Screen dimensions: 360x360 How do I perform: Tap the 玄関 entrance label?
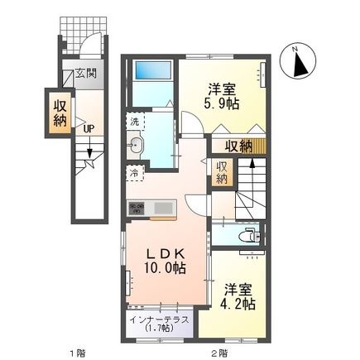pos(87,74)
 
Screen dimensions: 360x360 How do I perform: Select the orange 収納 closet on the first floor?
pos(61,113)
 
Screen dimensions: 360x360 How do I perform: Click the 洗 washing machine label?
pos(135,121)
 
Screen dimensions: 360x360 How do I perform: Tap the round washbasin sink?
pos(137,147)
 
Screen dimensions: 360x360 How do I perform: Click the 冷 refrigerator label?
pos(134,174)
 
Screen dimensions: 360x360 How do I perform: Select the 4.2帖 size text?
pos(239,303)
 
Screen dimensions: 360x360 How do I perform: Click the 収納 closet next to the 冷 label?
pos(222,173)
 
